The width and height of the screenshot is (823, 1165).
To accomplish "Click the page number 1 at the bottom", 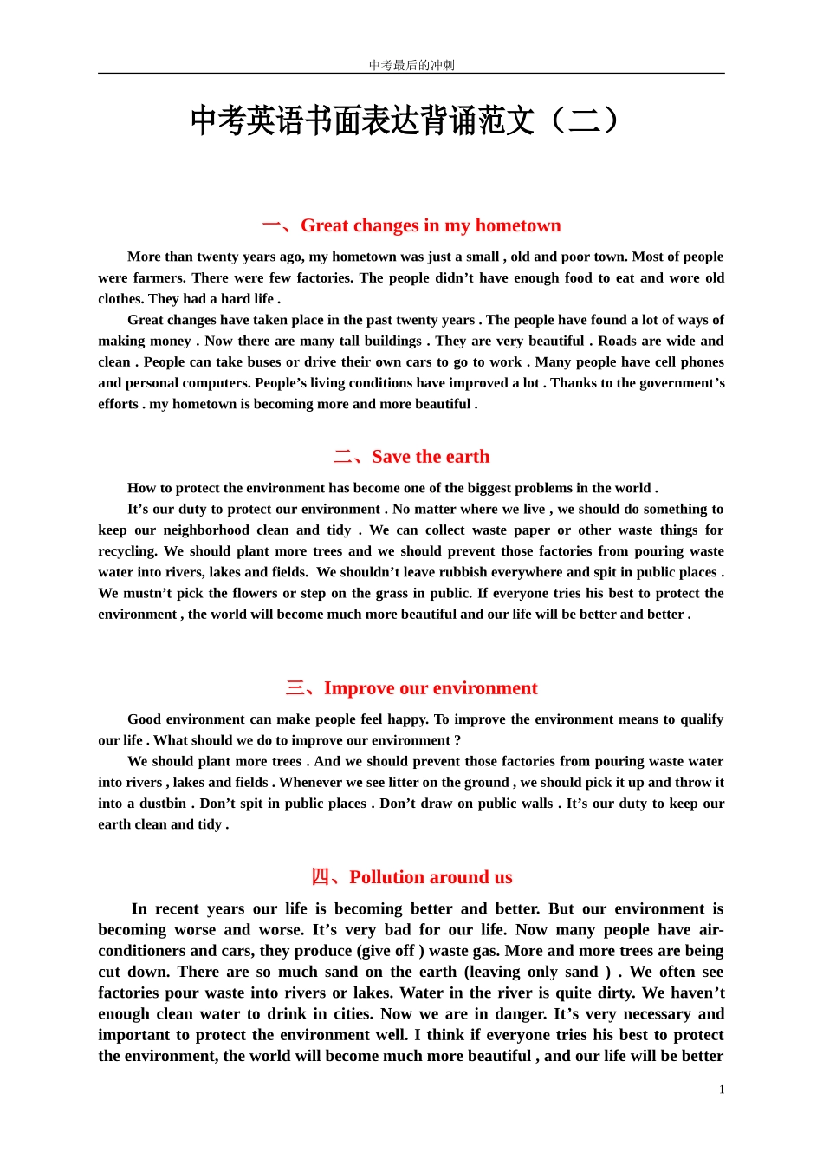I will [722, 1090].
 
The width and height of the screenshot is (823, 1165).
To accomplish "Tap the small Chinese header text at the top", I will [411, 65].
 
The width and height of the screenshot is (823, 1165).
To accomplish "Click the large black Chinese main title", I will [405, 120].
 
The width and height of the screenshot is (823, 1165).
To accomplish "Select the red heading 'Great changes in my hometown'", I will [430, 225].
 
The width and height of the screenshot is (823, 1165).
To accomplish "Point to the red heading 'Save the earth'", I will [430, 457].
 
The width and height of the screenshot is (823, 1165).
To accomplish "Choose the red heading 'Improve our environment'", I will [430, 688].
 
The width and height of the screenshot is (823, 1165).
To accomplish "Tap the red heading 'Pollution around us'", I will [430, 877].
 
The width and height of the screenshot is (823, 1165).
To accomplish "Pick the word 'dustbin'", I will [163, 804].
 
